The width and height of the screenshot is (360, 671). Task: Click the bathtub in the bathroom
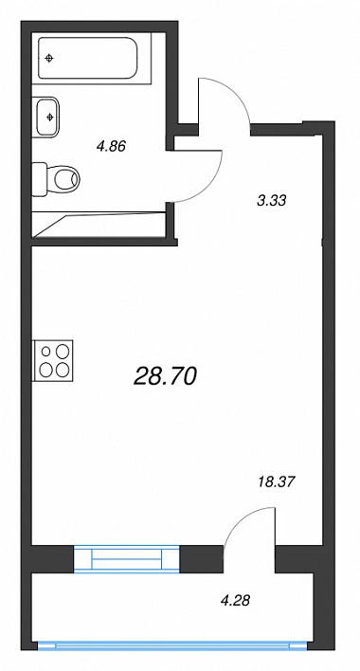pyautogui.click(x=88, y=58)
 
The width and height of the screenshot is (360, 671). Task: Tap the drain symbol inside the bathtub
pyautogui.click(x=49, y=58)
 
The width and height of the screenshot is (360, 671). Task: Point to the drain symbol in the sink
pyautogui.click(x=50, y=116)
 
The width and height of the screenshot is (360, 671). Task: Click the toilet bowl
pyautogui.click(x=66, y=179)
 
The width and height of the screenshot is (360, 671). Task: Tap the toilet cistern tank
pyautogui.click(x=40, y=179)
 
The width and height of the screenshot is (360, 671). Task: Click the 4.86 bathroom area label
pyautogui.click(x=111, y=147)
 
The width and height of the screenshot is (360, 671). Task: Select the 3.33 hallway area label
pyautogui.click(x=271, y=200)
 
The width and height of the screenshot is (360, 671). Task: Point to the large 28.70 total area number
pyautogui.click(x=165, y=376)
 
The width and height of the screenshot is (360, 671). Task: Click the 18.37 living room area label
pyautogui.click(x=277, y=482)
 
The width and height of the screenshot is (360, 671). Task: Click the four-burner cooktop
pyautogui.click(x=53, y=360)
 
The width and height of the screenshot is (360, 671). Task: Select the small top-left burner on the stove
pyautogui.click(x=46, y=352)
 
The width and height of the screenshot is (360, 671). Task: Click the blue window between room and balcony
pyautogui.click(x=127, y=558)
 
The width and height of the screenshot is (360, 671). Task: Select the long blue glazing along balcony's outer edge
pyautogui.click(x=172, y=645)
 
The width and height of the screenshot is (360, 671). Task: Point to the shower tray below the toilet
pyautogui.click(x=99, y=225)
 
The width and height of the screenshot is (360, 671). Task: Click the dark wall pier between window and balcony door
pyautogui.click(x=202, y=559)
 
